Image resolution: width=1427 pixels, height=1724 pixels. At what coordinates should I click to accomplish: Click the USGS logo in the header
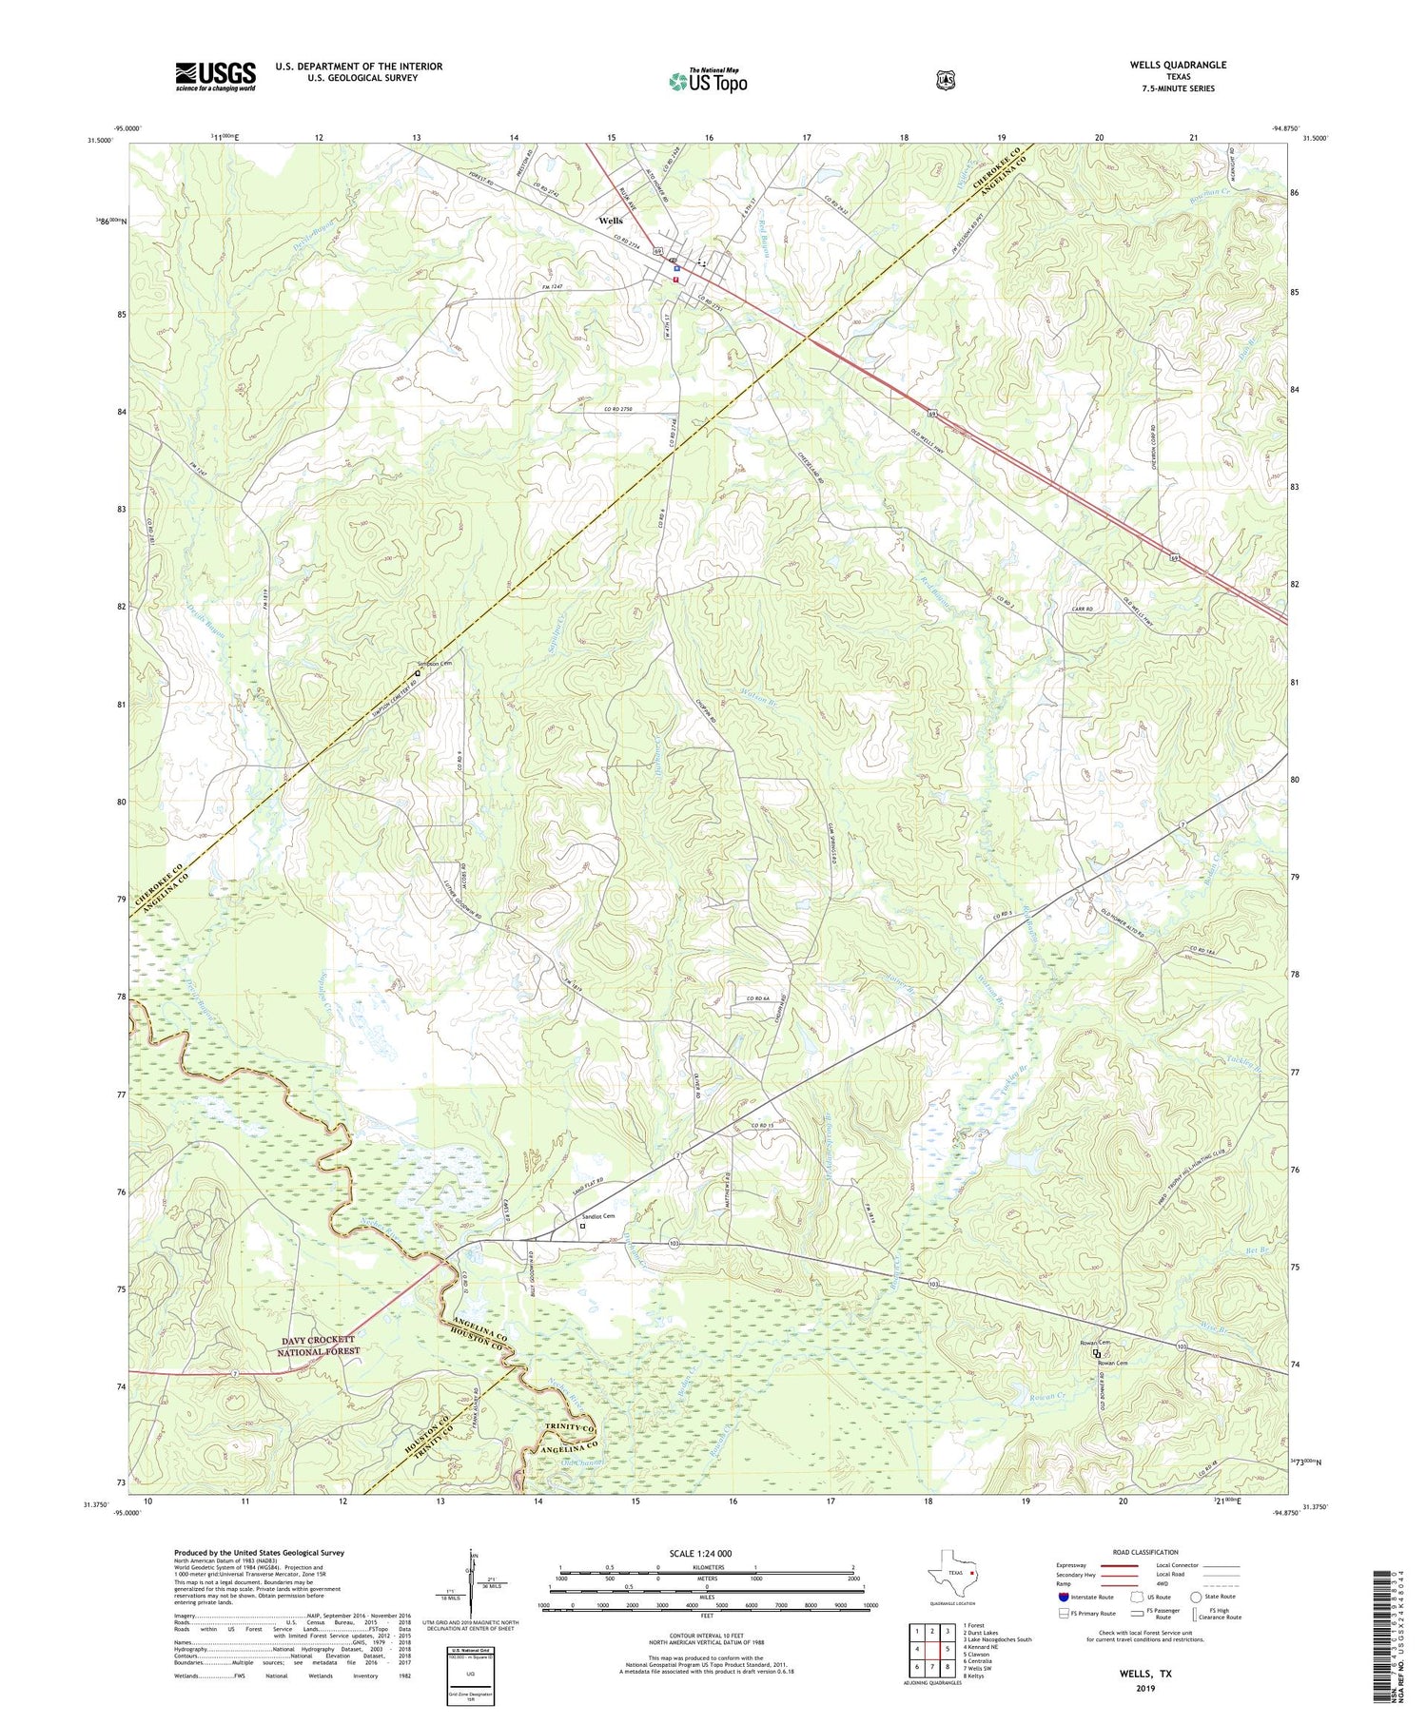(215, 76)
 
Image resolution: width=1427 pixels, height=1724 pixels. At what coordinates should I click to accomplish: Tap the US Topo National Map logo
(708, 80)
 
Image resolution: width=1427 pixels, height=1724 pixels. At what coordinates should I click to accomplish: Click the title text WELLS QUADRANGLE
(1178, 65)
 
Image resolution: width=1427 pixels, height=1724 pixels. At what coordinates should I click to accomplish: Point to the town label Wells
(610, 221)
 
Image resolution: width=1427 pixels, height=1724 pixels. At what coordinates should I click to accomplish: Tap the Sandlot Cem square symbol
(583, 1226)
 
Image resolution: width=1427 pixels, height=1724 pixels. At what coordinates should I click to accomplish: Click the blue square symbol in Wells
(675, 268)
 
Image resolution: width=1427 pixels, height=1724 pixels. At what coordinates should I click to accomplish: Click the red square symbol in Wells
(675, 280)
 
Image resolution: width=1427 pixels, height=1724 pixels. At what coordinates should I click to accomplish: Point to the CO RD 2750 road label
(617, 409)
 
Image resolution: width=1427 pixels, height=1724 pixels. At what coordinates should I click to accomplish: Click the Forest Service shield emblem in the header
(945, 80)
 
